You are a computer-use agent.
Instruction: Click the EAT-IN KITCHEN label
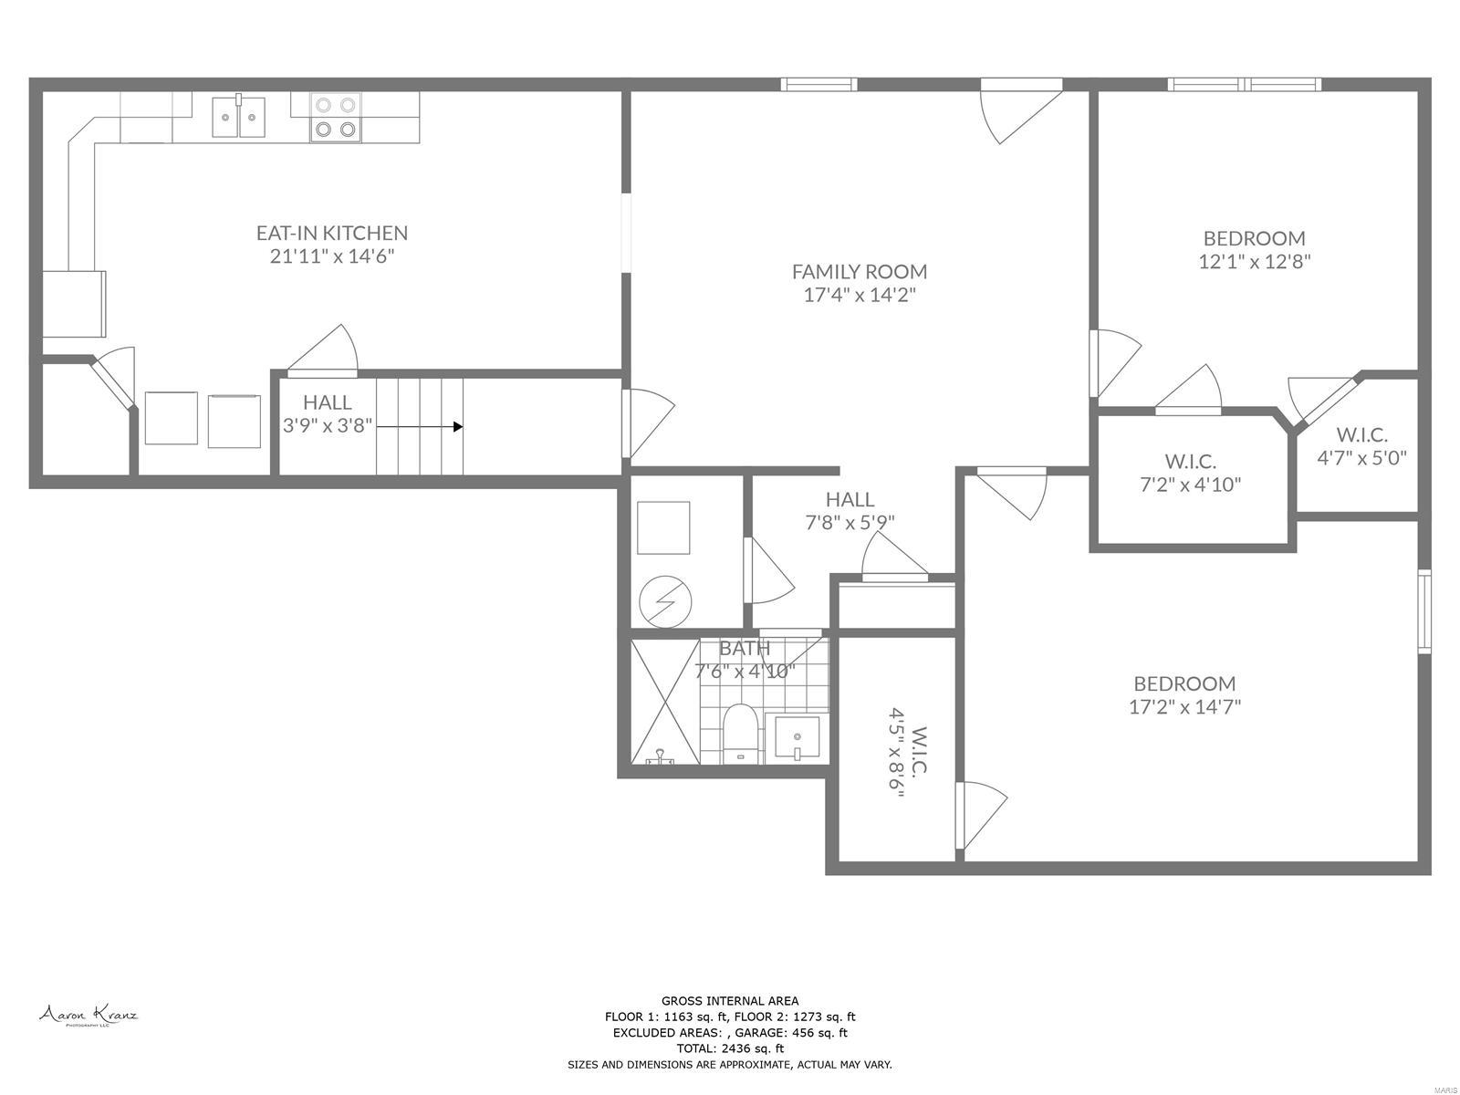click(331, 233)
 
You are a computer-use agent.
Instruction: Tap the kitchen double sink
click(238, 117)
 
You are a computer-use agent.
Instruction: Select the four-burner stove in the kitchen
click(334, 118)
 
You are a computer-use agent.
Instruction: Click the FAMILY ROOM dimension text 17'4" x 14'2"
click(859, 295)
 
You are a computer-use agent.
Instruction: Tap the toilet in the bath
click(739, 732)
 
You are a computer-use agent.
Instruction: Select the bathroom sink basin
click(797, 736)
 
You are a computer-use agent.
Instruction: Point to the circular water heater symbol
click(664, 601)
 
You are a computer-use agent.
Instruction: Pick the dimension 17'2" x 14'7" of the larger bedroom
click(1184, 706)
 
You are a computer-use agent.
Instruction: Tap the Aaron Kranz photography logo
click(88, 1015)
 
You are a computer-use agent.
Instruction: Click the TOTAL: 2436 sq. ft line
click(729, 1048)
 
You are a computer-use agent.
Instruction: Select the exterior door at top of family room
click(1022, 86)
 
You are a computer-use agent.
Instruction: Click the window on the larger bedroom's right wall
click(1423, 610)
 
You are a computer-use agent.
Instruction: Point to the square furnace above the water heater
click(662, 527)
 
